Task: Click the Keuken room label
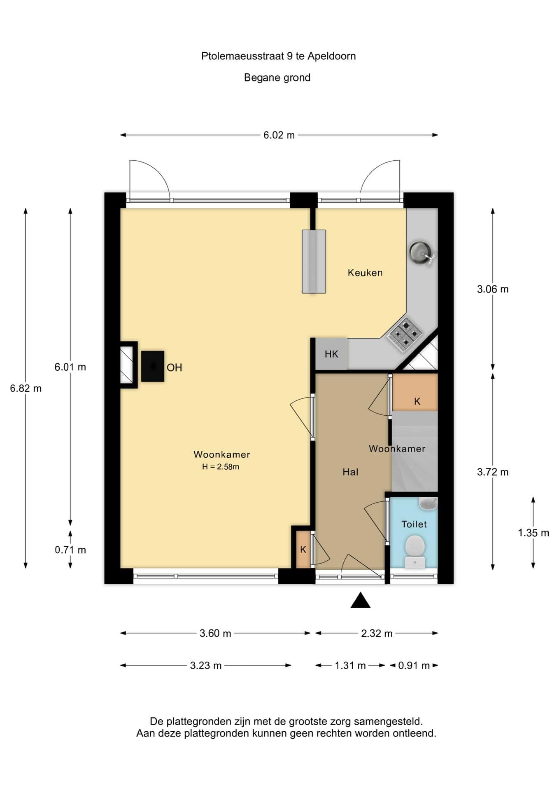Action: (x=365, y=272)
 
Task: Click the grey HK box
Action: (x=331, y=354)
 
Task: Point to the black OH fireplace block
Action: (x=153, y=366)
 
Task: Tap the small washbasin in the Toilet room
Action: (x=428, y=503)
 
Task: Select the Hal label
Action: (x=350, y=472)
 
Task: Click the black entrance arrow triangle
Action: (x=361, y=600)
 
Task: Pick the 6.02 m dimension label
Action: (x=279, y=135)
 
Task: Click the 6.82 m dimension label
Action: (x=26, y=388)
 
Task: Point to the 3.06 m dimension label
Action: (x=493, y=289)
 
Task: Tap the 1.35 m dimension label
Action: (x=533, y=533)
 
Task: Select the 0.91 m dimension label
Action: (x=414, y=665)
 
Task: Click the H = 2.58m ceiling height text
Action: (x=221, y=467)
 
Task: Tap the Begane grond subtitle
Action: (x=277, y=77)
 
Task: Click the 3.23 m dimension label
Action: (x=206, y=665)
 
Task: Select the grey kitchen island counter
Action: (x=314, y=262)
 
